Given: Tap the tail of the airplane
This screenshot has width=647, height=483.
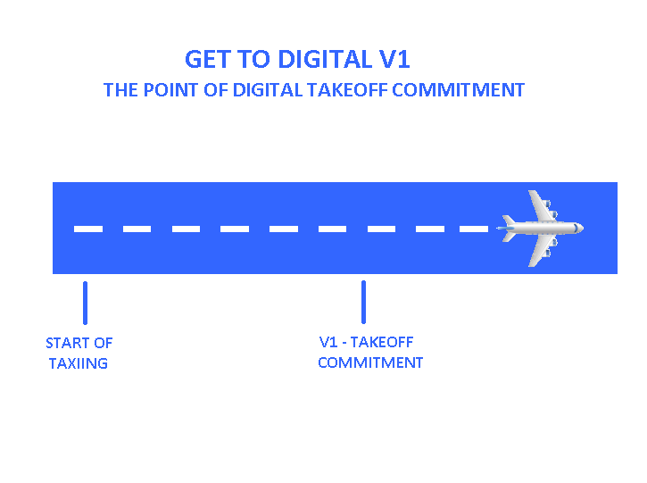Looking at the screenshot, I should click(x=508, y=228).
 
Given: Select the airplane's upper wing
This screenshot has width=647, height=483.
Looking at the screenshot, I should click(x=539, y=204).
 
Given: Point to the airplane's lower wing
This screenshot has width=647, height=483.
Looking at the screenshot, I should click(x=539, y=253).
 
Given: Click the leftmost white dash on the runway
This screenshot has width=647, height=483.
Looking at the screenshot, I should click(x=88, y=229).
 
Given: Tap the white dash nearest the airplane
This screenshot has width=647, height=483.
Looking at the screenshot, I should click(x=474, y=229).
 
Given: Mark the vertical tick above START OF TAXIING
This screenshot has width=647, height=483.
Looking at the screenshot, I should click(x=85, y=303).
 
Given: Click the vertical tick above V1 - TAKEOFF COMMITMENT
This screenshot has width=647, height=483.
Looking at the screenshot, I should click(x=363, y=302).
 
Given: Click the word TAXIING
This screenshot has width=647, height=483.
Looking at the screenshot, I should click(x=79, y=363).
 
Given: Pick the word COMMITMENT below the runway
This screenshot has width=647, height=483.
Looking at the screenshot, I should click(x=370, y=362).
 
